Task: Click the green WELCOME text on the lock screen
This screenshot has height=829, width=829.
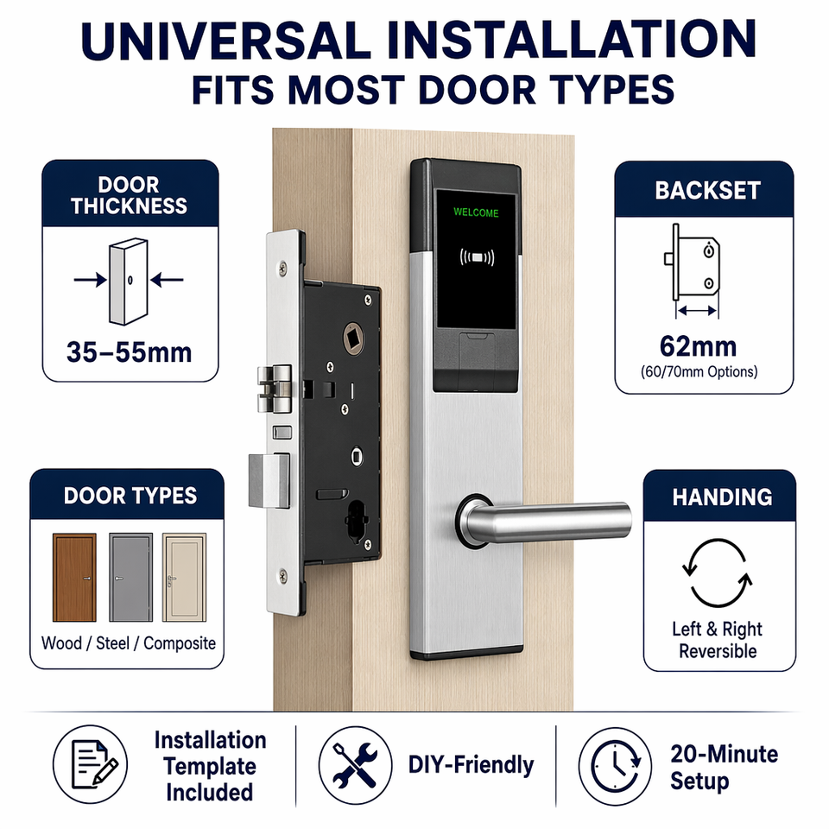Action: click(476, 212)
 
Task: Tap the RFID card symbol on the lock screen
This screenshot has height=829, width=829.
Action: click(477, 257)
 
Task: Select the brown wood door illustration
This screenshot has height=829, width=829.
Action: click(74, 578)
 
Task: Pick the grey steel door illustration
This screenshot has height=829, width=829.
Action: click(130, 578)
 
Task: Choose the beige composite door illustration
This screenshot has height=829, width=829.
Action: click(184, 578)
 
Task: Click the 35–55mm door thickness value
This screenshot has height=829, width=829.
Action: click(129, 352)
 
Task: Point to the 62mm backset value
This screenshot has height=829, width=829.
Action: click(698, 347)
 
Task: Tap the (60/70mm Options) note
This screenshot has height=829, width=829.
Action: click(699, 371)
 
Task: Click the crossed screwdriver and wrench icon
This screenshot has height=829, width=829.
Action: click(355, 764)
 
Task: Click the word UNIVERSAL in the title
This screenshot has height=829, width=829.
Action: click(225, 41)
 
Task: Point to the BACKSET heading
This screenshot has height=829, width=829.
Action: click(707, 190)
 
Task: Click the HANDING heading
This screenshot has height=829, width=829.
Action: click(722, 497)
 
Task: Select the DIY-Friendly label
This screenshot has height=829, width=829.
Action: click(471, 765)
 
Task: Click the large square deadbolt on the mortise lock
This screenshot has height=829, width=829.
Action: click(269, 481)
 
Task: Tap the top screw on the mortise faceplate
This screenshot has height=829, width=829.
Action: click(283, 269)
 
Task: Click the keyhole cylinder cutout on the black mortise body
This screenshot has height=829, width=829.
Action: click(357, 522)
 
